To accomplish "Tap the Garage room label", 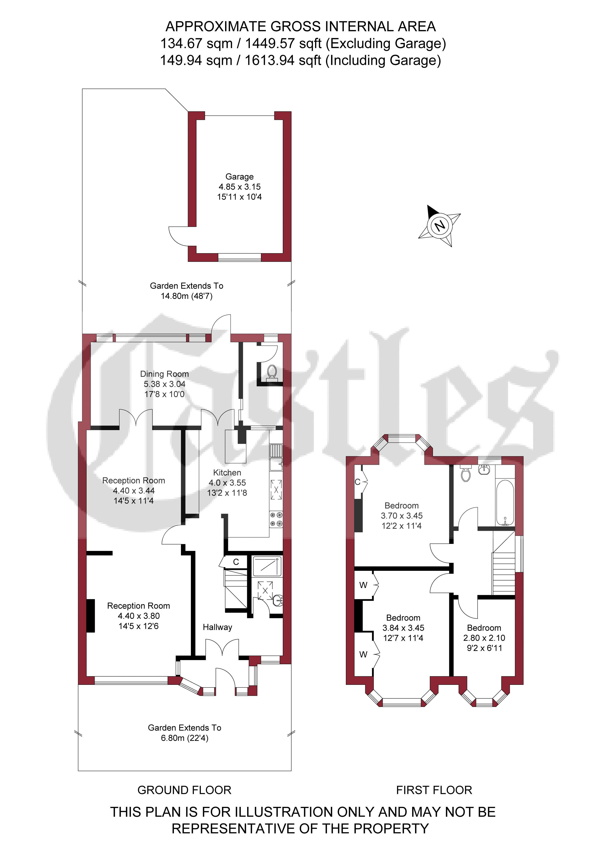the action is [239, 177].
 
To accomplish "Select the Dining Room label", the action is [164, 374].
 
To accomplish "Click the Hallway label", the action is [217, 627].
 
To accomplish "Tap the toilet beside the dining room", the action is [272, 371].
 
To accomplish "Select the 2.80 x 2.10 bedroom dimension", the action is [484, 638].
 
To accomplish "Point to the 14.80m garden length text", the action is [187, 296].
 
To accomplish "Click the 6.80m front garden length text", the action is [185, 738].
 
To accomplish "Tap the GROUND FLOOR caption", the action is [184, 790].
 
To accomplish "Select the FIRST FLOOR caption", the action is [434, 790].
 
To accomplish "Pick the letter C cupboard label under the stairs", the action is [236, 562].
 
